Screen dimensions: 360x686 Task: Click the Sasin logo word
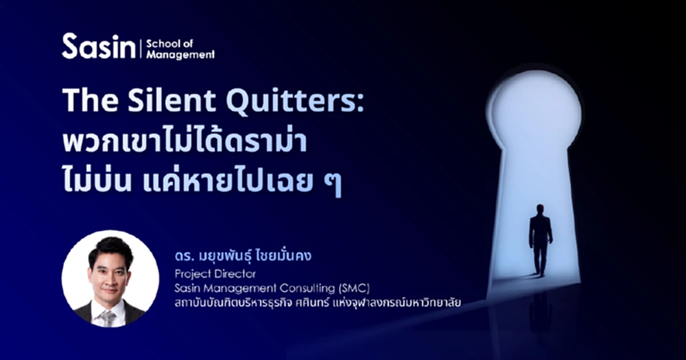pyautogui.click(x=99, y=47)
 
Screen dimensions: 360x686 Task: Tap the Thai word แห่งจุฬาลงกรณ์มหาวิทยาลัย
pyautogui.click(x=388, y=302)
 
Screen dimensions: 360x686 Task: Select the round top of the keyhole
pyautogui.click(x=535, y=110)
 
